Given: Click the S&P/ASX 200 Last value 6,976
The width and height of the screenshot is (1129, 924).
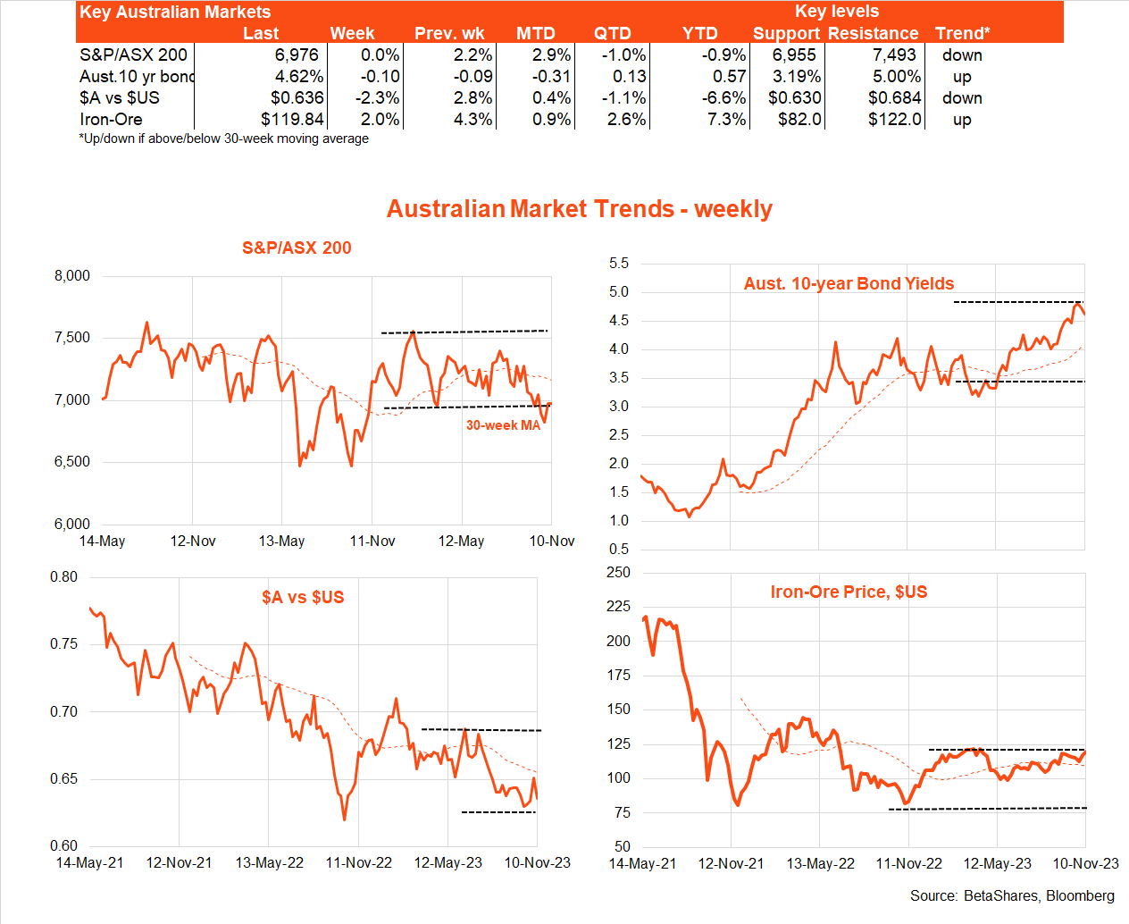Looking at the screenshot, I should (x=297, y=55).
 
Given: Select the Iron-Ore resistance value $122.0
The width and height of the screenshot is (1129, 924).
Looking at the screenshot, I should (x=895, y=120).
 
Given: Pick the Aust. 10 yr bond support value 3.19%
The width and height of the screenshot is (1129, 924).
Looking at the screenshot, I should (x=797, y=77).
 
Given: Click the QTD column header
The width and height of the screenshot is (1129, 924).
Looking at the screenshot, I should (x=613, y=34).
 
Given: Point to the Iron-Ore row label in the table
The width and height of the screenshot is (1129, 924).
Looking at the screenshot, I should (x=111, y=120).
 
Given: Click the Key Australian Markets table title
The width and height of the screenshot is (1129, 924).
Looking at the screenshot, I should (x=175, y=13).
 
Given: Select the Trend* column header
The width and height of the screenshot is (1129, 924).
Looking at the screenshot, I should (x=962, y=34).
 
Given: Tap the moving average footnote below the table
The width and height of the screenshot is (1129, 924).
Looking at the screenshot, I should (x=224, y=139).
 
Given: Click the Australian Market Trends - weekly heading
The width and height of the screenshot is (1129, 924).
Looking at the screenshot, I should (x=579, y=209).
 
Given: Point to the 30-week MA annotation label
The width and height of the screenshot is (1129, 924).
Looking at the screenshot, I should (x=503, y=425).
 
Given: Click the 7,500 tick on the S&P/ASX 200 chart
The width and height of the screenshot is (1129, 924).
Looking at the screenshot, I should (x=72, y=338).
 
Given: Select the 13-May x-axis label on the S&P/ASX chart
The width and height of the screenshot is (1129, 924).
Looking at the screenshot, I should (x=281, y=542).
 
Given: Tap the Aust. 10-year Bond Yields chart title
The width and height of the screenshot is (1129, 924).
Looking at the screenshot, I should (x=849, y=284).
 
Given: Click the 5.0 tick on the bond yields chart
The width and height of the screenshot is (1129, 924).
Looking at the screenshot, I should (x=619, y=292).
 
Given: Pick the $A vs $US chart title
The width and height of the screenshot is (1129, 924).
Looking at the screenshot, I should (x=303, y=598).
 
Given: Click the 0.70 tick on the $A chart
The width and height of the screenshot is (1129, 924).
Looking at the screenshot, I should (x=63, y=712).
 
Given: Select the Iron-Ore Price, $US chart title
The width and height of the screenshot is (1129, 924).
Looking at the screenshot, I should (x=849, y=592).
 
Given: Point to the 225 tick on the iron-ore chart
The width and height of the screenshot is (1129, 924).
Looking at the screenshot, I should (x=618, y=607).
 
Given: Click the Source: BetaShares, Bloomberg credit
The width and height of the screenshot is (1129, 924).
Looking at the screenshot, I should (x=1012, y=895).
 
